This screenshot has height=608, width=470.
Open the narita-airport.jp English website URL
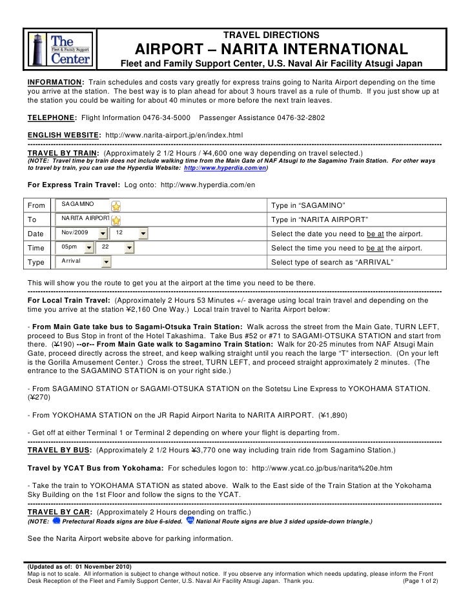174,134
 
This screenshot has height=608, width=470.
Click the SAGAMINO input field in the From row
84,205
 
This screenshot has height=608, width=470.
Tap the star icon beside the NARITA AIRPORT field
116,219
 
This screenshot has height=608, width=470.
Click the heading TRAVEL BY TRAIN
63,153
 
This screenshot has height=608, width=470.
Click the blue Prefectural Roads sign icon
56,520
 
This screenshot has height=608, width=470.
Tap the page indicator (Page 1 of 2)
419,581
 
